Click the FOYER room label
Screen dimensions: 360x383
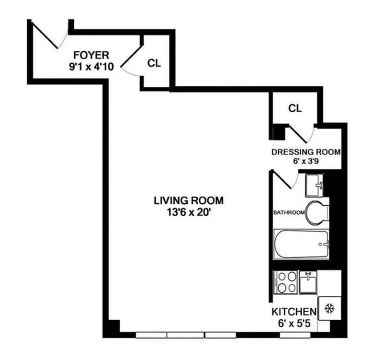click(91, 55)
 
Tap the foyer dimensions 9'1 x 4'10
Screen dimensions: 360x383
click(91, 66)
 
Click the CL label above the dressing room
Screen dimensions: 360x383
click(295, 108)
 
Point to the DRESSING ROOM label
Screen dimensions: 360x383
click(306, 152)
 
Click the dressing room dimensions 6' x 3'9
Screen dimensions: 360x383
click(306, 162)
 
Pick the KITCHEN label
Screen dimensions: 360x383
click(294, 312)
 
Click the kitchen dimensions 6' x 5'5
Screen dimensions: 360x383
click(294, 323)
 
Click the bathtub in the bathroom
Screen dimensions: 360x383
click(301, 244)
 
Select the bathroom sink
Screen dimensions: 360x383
click(315, 185)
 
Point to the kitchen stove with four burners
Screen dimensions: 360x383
click(285, 282)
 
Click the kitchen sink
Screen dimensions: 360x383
click(308, 282)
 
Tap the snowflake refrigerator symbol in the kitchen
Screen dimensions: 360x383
click(329, 308)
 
